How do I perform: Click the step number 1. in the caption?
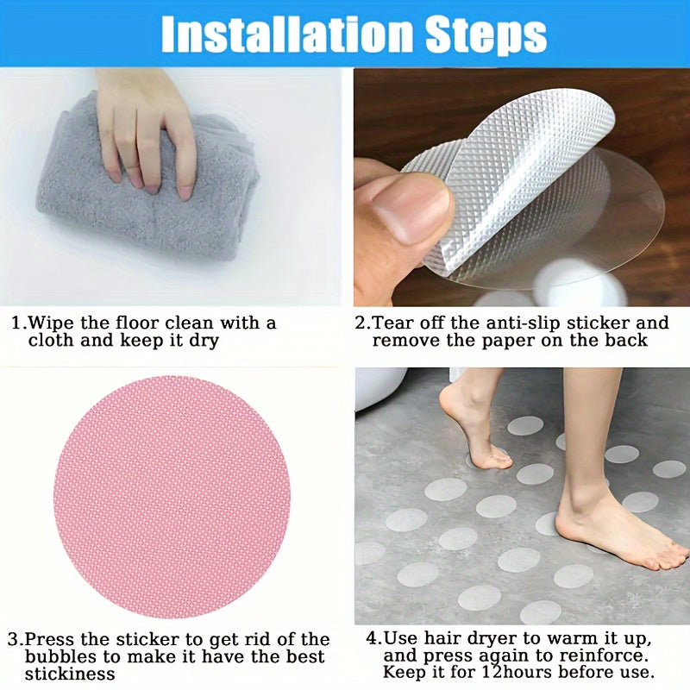pyautogui.click(x=18, y=323)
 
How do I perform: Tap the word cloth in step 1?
pyautogui.click(x=51, y=341)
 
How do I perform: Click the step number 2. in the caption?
pyautogui.click(x=362, y=323)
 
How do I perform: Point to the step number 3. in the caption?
pyautogui.click(x=16, y=640)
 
